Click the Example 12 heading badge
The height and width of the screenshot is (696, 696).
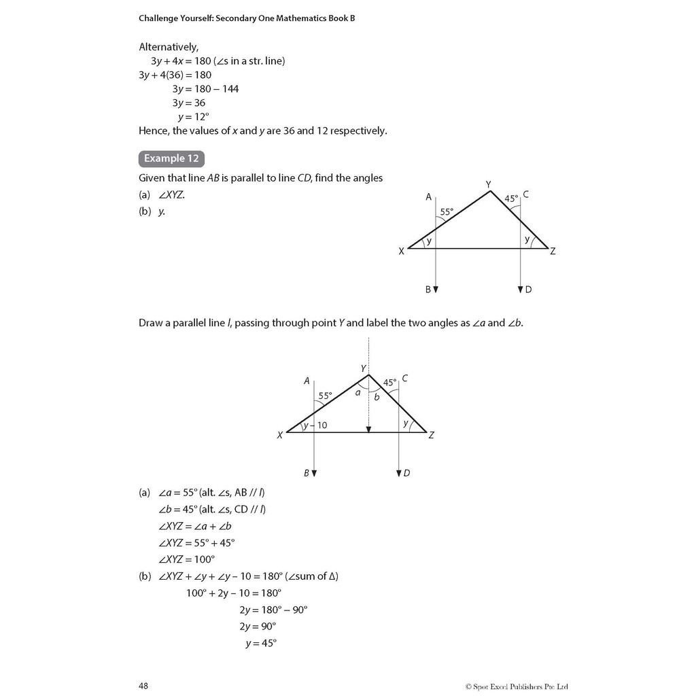171,158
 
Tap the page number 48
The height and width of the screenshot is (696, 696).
143,686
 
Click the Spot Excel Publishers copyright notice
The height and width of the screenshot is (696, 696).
521,686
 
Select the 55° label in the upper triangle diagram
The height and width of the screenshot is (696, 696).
447,211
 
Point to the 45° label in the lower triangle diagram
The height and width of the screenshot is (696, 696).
389,383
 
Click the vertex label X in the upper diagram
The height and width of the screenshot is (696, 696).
401,251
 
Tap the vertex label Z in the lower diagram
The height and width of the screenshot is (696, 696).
431,435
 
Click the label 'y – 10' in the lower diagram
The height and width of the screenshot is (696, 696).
315,425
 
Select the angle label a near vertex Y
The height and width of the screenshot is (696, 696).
357,392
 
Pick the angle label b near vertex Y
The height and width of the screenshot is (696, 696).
377,397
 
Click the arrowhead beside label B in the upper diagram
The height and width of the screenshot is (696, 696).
436,289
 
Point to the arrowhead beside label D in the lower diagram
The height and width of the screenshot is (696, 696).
398,473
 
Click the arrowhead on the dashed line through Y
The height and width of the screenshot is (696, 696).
368,429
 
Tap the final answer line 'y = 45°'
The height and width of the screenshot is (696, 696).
261,644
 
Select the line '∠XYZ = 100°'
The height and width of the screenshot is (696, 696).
186,559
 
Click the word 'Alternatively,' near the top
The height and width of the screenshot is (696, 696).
169,47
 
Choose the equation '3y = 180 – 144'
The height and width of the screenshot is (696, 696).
205,89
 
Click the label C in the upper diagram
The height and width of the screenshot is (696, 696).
526,195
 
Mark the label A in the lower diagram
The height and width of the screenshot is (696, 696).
307,381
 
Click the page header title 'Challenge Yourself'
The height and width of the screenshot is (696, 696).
247,18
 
